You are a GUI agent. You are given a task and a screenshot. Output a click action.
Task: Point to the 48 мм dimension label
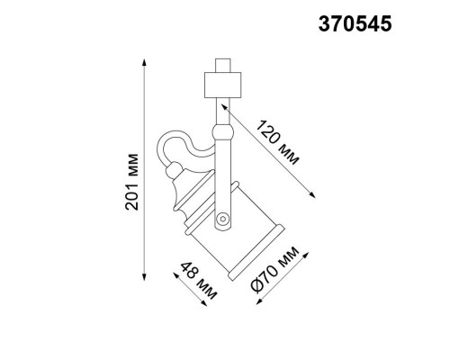[x=200, y=281]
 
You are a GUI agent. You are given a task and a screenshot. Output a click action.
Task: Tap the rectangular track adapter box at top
[x=221, y=84]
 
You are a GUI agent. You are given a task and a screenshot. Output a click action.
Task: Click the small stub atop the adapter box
[x=221, y=64]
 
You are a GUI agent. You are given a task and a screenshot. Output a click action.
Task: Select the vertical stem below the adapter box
[x=222, y=112]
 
